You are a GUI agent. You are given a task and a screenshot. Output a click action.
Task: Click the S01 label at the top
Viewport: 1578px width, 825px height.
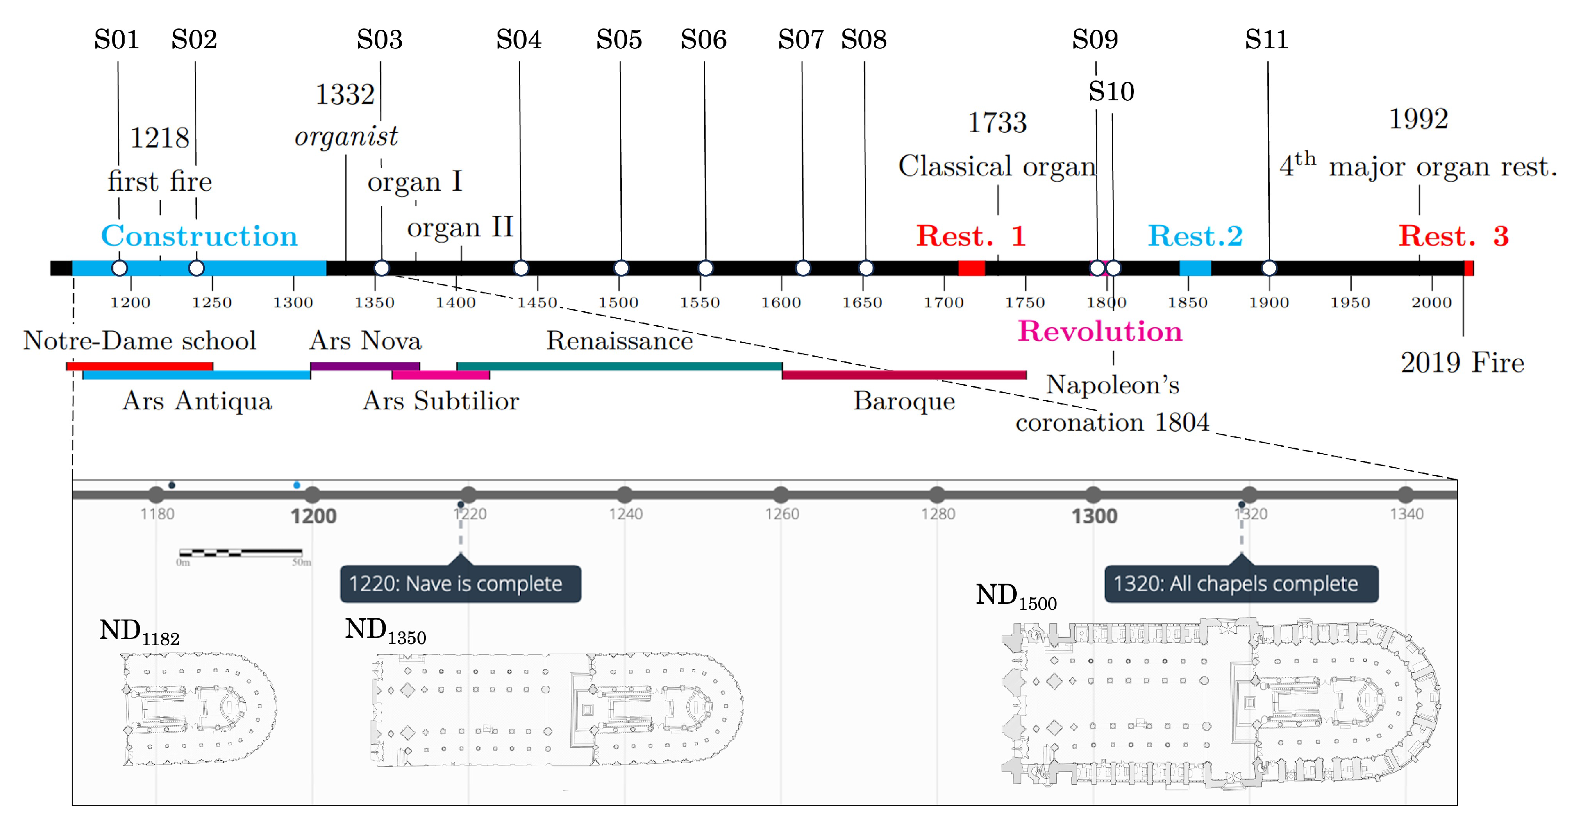point(116,40)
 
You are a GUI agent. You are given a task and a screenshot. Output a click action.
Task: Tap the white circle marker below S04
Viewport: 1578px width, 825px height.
point(521,268)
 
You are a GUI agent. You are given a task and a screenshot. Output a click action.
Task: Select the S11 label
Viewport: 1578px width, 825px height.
point(1266,40)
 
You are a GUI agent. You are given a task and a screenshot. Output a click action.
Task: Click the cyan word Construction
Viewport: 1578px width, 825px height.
point(199,236)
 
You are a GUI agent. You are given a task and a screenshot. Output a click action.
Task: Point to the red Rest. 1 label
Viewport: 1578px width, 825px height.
point(970,236)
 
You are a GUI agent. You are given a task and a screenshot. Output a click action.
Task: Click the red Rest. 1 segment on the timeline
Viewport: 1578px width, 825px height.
point(972,268)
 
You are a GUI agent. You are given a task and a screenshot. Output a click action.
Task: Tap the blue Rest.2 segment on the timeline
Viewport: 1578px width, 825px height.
point(1195,268)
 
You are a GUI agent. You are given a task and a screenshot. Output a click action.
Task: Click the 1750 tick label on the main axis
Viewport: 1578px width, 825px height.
point(1025,302)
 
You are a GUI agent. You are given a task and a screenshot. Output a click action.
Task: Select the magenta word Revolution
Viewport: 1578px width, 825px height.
point(1100,331)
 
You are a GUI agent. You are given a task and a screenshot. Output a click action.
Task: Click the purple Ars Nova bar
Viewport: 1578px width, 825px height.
point(365,366)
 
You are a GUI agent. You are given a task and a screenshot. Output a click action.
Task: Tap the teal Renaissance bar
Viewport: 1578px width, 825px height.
point(619,366)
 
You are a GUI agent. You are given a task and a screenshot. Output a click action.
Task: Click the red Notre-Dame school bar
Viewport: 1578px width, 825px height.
point(140,366)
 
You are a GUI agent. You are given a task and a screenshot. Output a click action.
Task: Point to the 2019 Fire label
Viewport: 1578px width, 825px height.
point(1462,363)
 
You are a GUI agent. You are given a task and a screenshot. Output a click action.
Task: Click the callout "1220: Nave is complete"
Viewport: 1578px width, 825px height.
point(460,584)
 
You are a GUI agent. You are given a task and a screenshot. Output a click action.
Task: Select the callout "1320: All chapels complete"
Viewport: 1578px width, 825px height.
point(1241,584)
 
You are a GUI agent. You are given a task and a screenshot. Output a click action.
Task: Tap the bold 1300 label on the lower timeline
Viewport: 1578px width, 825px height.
point(1094,516)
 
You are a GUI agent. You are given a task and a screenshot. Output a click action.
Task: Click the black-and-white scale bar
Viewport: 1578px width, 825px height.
point(241,553)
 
